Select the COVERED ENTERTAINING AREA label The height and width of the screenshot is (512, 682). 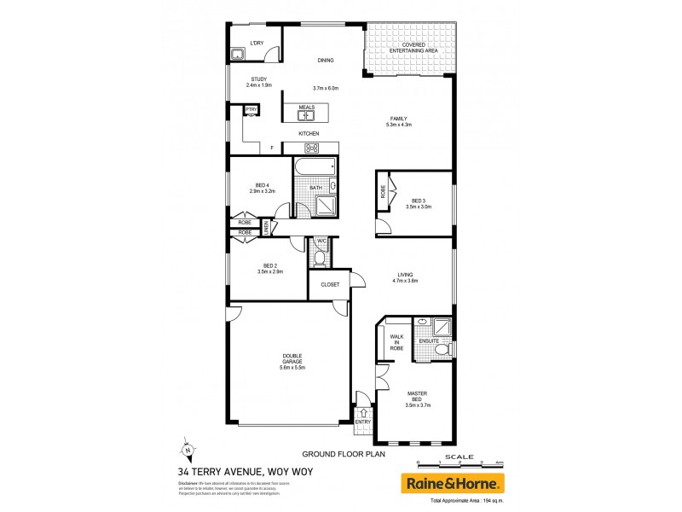click(x=413, y=49)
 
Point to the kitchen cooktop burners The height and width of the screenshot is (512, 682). click(x=312, y=148)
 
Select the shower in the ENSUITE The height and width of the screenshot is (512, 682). click(x=442, y=327)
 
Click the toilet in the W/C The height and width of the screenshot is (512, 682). click(x=321, y=255)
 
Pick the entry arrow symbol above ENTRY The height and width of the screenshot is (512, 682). click(x=363, y=413)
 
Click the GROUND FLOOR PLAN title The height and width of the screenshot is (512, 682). click(x=339, y=455)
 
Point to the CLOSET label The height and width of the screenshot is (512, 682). click(x=330, y=284)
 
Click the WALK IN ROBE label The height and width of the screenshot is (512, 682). click(x=396, y=342)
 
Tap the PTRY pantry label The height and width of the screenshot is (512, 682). click(x=251, y=110)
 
